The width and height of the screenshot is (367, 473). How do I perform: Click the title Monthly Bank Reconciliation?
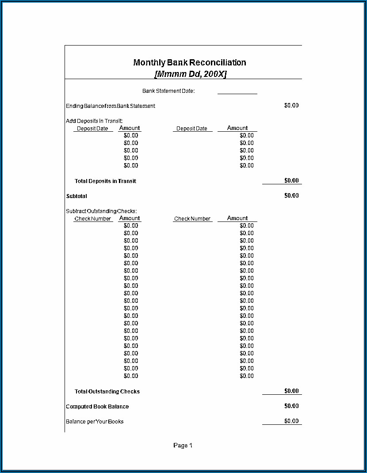click(189, 62)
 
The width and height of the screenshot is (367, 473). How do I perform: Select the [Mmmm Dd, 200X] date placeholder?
click(190, 74)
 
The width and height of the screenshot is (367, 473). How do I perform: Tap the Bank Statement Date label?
click(168, 91)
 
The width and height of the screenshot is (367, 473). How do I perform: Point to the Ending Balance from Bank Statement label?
click(111, 106)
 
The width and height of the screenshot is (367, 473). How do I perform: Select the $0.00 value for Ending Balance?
click(291, 106)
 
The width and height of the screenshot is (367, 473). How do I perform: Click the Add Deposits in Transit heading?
click(94, 121)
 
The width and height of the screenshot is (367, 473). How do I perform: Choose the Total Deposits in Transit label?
click(105, 181)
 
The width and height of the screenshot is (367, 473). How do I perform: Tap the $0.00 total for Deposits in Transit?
click(291, 180)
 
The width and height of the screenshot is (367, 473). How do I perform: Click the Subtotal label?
click(76, 196)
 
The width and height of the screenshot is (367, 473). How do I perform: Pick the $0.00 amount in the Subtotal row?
click(291, 195)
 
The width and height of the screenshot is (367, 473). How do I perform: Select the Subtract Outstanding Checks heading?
click(101, 211)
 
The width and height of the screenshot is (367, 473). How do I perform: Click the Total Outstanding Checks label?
click(107, 392)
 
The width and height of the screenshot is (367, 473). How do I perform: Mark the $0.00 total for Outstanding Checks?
click(291, 391)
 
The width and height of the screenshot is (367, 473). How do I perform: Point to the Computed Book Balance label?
click(97, 407)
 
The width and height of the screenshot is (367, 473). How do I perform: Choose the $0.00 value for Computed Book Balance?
click(291, 406)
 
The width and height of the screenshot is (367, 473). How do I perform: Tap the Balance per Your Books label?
click(95, 422)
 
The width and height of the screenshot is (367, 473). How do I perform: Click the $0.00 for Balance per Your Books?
click(291, 421)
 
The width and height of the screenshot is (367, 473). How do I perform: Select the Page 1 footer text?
click(183, 446)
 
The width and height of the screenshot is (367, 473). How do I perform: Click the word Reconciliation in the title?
click(218, 62)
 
